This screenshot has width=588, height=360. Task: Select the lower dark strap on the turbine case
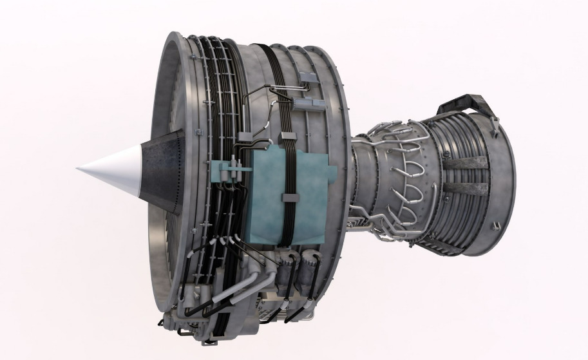tap(465, 189)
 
